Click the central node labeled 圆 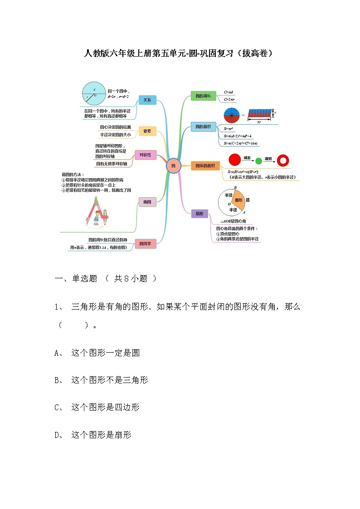(x=173, y=166)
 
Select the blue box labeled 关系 (x=147, y=100)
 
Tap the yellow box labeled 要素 (x=147, y=131)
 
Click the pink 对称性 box (x=146, y=155)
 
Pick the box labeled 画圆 (x=147, y=202)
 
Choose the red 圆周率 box (x=146, y=244)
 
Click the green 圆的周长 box (x=203, y=96)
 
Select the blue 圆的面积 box (x=203, y=127)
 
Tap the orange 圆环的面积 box (x=204, y=166)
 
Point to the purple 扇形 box (x=199, y=213)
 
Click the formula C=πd (x=229, y=92)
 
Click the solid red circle (x=234, y=160)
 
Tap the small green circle (x=259, y=160)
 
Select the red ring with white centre (x=283, y=160)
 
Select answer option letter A (x=58, y=353)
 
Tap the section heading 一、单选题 (x=76, y=279)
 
